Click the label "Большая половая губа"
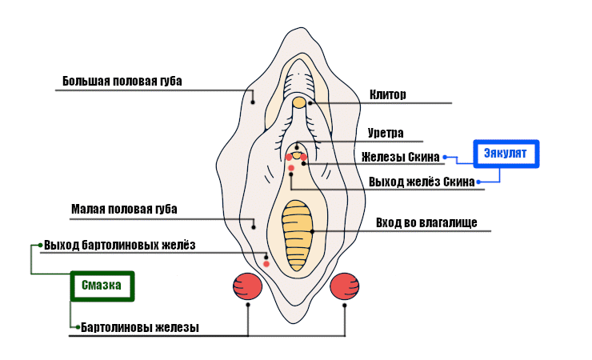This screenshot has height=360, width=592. [x=122, y=82]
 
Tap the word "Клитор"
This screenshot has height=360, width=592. [x=388, y=94]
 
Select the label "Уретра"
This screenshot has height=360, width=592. [x=386, y=133]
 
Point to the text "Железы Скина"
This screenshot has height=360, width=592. [x=401, y=157]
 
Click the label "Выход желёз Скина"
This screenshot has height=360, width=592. [x=422, y=182]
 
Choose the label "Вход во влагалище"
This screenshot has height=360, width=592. [x=426, y=222]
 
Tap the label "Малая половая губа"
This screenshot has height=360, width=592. [x=124, y=210]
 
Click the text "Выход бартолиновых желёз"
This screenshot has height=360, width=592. [x=120, y=245]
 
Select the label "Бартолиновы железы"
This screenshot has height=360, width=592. [x=140, y=327]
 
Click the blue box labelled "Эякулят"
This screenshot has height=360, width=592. [x=506, y=154]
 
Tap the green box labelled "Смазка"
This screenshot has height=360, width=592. [x=101, y=286]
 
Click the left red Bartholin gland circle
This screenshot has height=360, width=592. [x=248, y=286]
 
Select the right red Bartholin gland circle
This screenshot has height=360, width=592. [x=345, y=286]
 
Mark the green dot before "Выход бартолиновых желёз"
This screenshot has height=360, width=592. [x=40, y=245]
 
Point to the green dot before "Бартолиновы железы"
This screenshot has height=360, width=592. [x=76, y=327]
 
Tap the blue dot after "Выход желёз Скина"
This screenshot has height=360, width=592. [x=478, y=182]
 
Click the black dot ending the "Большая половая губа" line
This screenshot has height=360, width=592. [x=253, y=102]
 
